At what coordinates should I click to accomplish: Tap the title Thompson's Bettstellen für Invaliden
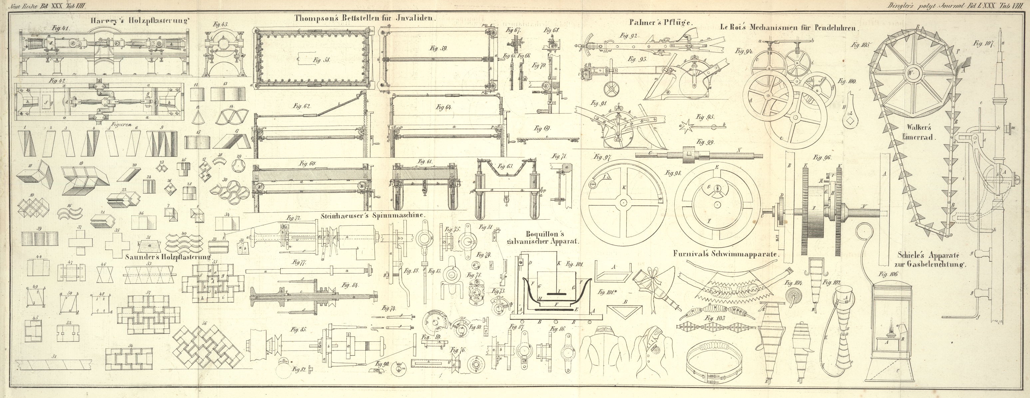coord(365,18)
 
